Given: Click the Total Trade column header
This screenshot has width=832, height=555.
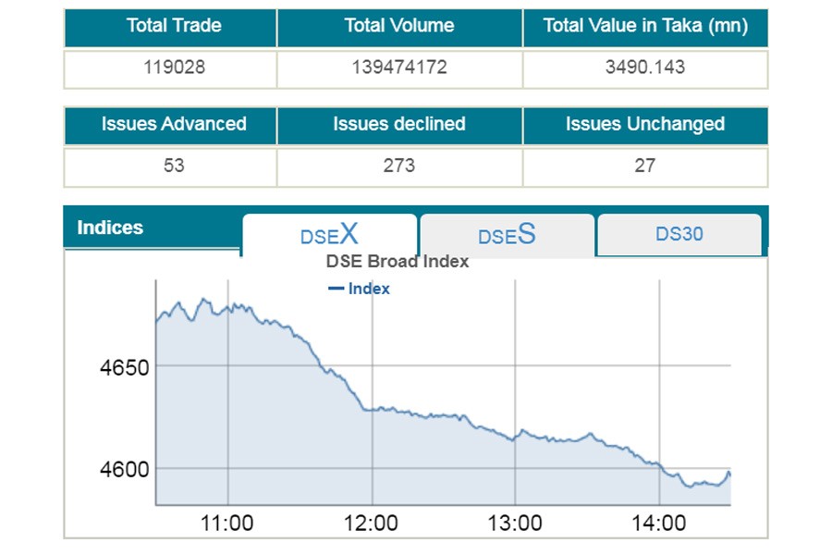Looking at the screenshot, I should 173,26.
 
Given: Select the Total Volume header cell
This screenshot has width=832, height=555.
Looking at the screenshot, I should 399,26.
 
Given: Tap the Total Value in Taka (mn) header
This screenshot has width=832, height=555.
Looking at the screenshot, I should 644,26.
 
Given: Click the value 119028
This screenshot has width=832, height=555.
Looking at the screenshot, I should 173,68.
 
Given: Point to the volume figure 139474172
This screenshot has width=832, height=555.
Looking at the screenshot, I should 399,68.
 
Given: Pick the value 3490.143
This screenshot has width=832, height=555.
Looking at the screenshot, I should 644,68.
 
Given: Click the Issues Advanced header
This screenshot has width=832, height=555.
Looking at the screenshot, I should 173,124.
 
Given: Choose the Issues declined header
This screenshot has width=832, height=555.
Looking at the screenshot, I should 399,124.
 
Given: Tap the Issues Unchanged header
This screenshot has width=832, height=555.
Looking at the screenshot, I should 644,124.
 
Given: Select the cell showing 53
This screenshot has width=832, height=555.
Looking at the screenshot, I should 173,166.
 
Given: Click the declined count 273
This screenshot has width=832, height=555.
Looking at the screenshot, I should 399,166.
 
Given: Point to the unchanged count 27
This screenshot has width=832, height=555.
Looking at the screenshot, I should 644,166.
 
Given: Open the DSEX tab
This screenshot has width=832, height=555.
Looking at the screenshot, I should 329,234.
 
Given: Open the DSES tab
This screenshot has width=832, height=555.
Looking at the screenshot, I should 507,235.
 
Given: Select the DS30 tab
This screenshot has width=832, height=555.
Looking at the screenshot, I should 679,234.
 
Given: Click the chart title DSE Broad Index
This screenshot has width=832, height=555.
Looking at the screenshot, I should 398,262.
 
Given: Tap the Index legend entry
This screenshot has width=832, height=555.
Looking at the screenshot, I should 360,289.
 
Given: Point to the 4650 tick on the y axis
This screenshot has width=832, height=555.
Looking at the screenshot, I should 124,368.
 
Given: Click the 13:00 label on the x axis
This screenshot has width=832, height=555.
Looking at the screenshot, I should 514,524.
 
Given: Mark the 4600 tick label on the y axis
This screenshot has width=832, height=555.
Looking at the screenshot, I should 124,470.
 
